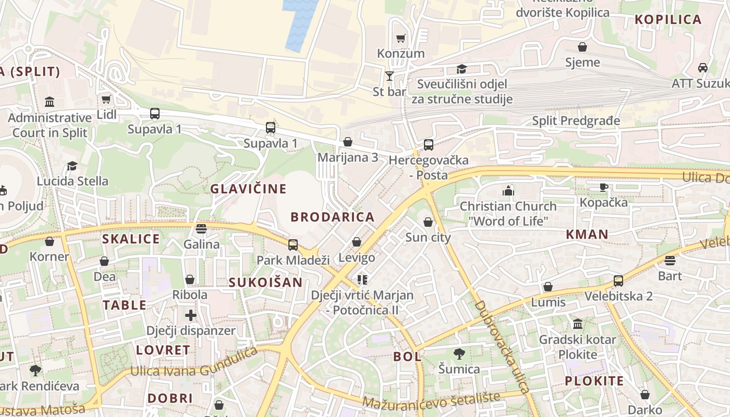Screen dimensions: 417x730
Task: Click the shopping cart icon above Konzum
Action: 400,38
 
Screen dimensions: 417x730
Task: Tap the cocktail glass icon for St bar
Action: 390,76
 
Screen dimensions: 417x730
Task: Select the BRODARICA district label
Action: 332,217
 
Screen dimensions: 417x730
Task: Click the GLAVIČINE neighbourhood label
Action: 248,189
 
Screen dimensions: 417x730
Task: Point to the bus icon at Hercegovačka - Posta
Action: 428,145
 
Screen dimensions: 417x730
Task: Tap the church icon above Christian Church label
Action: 508,191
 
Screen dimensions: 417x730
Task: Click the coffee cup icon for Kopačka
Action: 604,187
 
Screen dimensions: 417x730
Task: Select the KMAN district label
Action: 587,235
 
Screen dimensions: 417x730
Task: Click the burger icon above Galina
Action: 201,228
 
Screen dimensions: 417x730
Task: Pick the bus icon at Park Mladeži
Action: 293,244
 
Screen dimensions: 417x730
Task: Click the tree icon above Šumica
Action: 459,354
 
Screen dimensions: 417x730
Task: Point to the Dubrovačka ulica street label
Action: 502,347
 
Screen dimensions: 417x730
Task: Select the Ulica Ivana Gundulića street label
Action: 194,363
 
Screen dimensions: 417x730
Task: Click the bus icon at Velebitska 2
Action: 618,281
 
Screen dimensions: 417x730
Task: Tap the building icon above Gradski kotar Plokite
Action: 577,324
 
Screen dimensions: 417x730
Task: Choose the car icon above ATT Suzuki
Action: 703,68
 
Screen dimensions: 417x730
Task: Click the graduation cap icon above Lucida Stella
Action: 72,166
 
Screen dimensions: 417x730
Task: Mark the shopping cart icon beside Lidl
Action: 106,99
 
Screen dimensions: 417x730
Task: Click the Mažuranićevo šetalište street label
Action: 431,399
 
